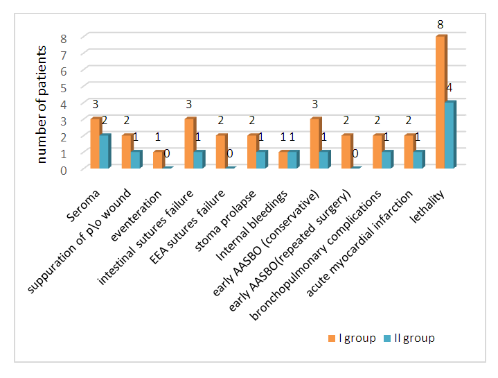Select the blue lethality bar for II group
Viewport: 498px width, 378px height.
pos(449,135)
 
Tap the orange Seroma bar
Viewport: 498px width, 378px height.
pos(95,144)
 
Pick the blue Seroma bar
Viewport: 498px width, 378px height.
pos(104,151)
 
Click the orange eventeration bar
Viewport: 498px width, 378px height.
pos(158,160)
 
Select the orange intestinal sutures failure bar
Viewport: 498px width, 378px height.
pos(188,144)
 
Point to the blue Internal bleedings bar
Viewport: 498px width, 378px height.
pos(292,160)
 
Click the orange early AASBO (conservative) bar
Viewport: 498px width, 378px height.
pos(315,144)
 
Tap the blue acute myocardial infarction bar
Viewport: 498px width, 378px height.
pos(418,160)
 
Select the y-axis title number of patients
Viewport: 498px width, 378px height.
pos(42,104)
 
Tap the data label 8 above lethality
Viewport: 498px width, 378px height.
pos(441,25)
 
